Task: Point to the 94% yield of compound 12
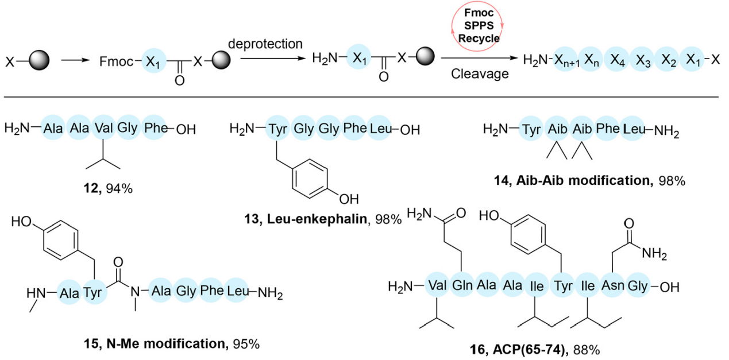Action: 119,187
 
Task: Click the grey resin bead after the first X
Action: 39,59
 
